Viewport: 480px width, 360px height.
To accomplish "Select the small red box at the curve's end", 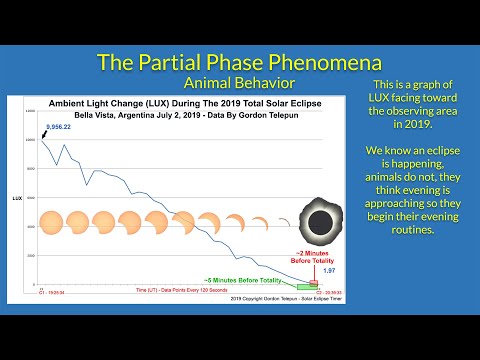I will (314, 283).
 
